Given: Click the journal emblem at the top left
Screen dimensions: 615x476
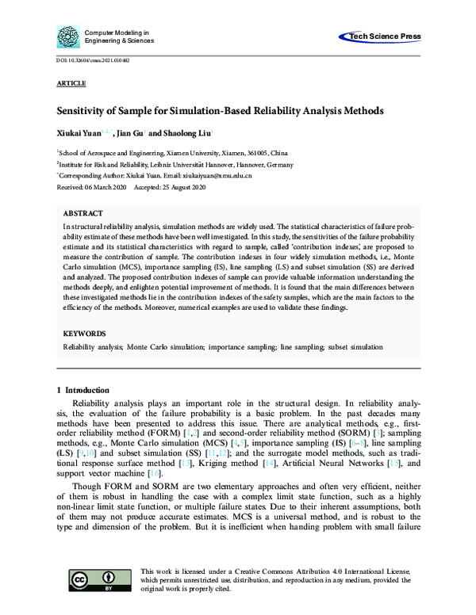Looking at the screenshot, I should click(x=67, y=36).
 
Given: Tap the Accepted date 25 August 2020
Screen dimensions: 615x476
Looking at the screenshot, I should click(x=180, y=186).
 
